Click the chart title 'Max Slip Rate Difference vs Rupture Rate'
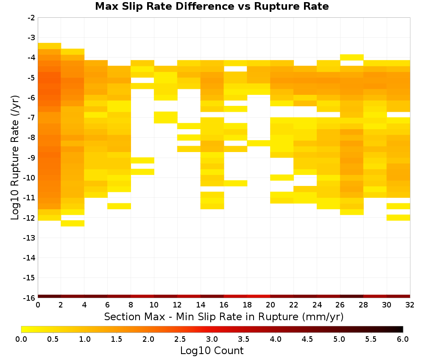212,6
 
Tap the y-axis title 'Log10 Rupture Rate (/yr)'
15,158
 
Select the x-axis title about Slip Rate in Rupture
223,316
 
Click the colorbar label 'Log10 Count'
212,351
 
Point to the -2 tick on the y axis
31,18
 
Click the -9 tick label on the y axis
31,158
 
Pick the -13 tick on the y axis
30,238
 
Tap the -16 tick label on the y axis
30,298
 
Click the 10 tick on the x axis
154,305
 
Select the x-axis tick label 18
247,305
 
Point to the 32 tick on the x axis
410,305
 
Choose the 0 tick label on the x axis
38,305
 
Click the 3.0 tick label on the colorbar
212,339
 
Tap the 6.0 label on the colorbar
403,339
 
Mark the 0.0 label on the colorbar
21,339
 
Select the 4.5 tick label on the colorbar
307,339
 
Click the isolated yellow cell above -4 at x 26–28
351,57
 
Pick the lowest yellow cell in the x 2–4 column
73,223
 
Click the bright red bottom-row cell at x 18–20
259,296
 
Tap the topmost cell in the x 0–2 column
50,46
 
